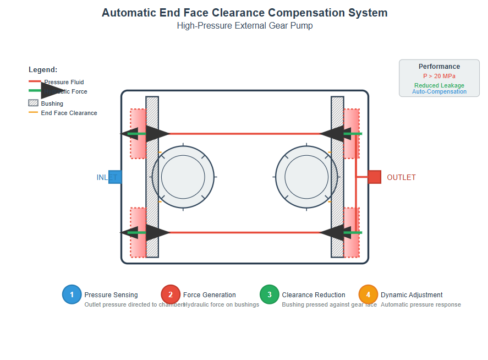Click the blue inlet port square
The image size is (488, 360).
click(115, 177)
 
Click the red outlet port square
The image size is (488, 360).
click(374, 177)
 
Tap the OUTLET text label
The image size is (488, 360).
click(401, 178)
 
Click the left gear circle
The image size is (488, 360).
click(183, 177)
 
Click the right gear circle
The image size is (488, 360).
click(306, 177)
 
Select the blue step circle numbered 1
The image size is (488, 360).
click(72, 294)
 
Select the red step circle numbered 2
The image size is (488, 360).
click(171, 294)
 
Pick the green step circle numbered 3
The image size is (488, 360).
click(270, 294)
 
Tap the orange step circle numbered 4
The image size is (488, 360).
click(368, 294)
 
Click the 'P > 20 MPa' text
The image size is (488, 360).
click(439, 76)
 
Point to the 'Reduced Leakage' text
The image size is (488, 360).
click(439, 85)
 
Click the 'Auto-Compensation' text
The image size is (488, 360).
click(439, 92)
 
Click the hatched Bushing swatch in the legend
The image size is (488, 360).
click(33, 103)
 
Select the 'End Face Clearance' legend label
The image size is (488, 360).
click(69, 113)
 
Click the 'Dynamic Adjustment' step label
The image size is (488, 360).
click(412, 295)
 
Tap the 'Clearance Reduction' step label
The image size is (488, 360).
click(314, 295)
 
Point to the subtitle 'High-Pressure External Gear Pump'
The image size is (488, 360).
click(244, 26)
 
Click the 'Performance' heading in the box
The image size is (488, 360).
click(439, 67)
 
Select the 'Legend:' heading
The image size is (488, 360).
click(43, 70)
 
